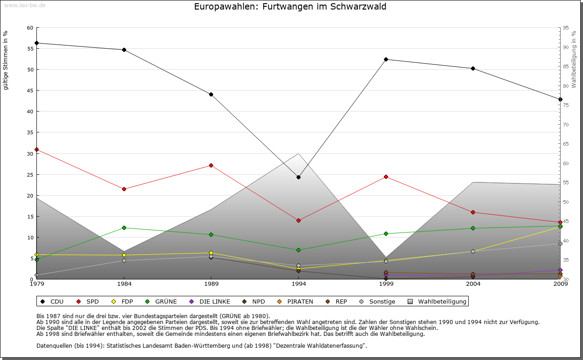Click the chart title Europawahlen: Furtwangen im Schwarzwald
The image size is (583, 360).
(290, 7)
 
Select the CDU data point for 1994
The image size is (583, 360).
(298, 177)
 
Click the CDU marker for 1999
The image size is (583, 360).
(386, 59)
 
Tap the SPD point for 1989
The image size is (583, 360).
(211, 165)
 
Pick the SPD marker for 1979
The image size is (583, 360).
(36, 149)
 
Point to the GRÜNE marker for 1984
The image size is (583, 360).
(124, 228)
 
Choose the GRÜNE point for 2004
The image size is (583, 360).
(473, 228)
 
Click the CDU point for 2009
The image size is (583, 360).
(560, 99)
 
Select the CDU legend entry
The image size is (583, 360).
(52, 301)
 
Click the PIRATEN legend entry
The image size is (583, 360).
(296, 301)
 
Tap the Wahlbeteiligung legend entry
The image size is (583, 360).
(437, 301)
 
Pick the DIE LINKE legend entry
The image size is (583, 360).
(210, 301)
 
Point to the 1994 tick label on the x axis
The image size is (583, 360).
(298, 284)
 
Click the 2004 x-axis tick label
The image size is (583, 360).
(473, 284)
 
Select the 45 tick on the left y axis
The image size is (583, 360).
(30, 91)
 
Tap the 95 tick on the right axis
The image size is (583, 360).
(566, 28)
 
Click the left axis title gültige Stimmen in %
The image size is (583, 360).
(6, 60)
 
